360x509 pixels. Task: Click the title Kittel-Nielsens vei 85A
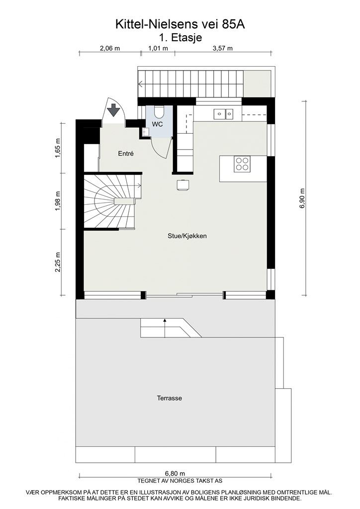point(180,23)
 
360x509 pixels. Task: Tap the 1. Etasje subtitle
point(180,36)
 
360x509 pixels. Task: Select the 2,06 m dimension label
point(110,48)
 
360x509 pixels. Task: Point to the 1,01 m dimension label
point(158,48)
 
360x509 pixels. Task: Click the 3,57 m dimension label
point(223,48)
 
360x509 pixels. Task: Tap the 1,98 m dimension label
point(58,201)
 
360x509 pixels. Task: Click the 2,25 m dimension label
point(58,261)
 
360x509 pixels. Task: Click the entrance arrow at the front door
point(114,108)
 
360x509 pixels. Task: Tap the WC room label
point(158,124)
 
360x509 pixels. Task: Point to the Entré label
point(126,154)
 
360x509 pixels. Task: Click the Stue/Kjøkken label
point(186,236)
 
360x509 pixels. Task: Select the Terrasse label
point(169,398)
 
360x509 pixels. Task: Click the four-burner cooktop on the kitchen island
point(242,164)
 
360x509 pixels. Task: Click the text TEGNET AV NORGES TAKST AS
point(180,481)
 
